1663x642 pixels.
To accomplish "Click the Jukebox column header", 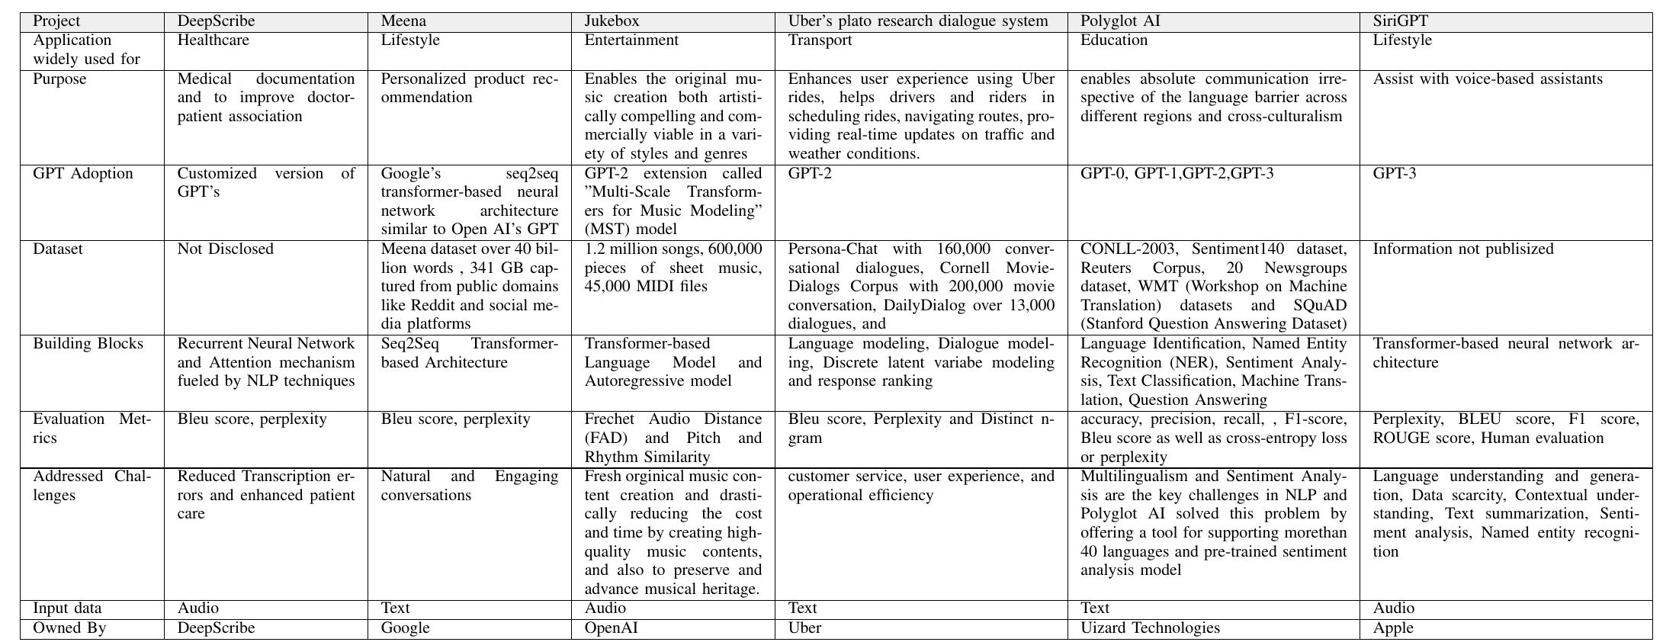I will (612, 21).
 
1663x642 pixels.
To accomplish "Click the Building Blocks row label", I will (88, 344).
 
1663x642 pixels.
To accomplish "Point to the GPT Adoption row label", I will (82, 174).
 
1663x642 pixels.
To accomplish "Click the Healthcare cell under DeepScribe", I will (213, 40).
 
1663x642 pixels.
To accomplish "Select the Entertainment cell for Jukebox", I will (631, 40).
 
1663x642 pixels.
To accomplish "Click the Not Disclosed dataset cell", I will (225, 249).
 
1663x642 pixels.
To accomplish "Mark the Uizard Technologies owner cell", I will (1150, 628).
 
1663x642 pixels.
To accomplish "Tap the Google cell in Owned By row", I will (405, 628).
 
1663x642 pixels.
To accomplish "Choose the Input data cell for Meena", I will (395, 608).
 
